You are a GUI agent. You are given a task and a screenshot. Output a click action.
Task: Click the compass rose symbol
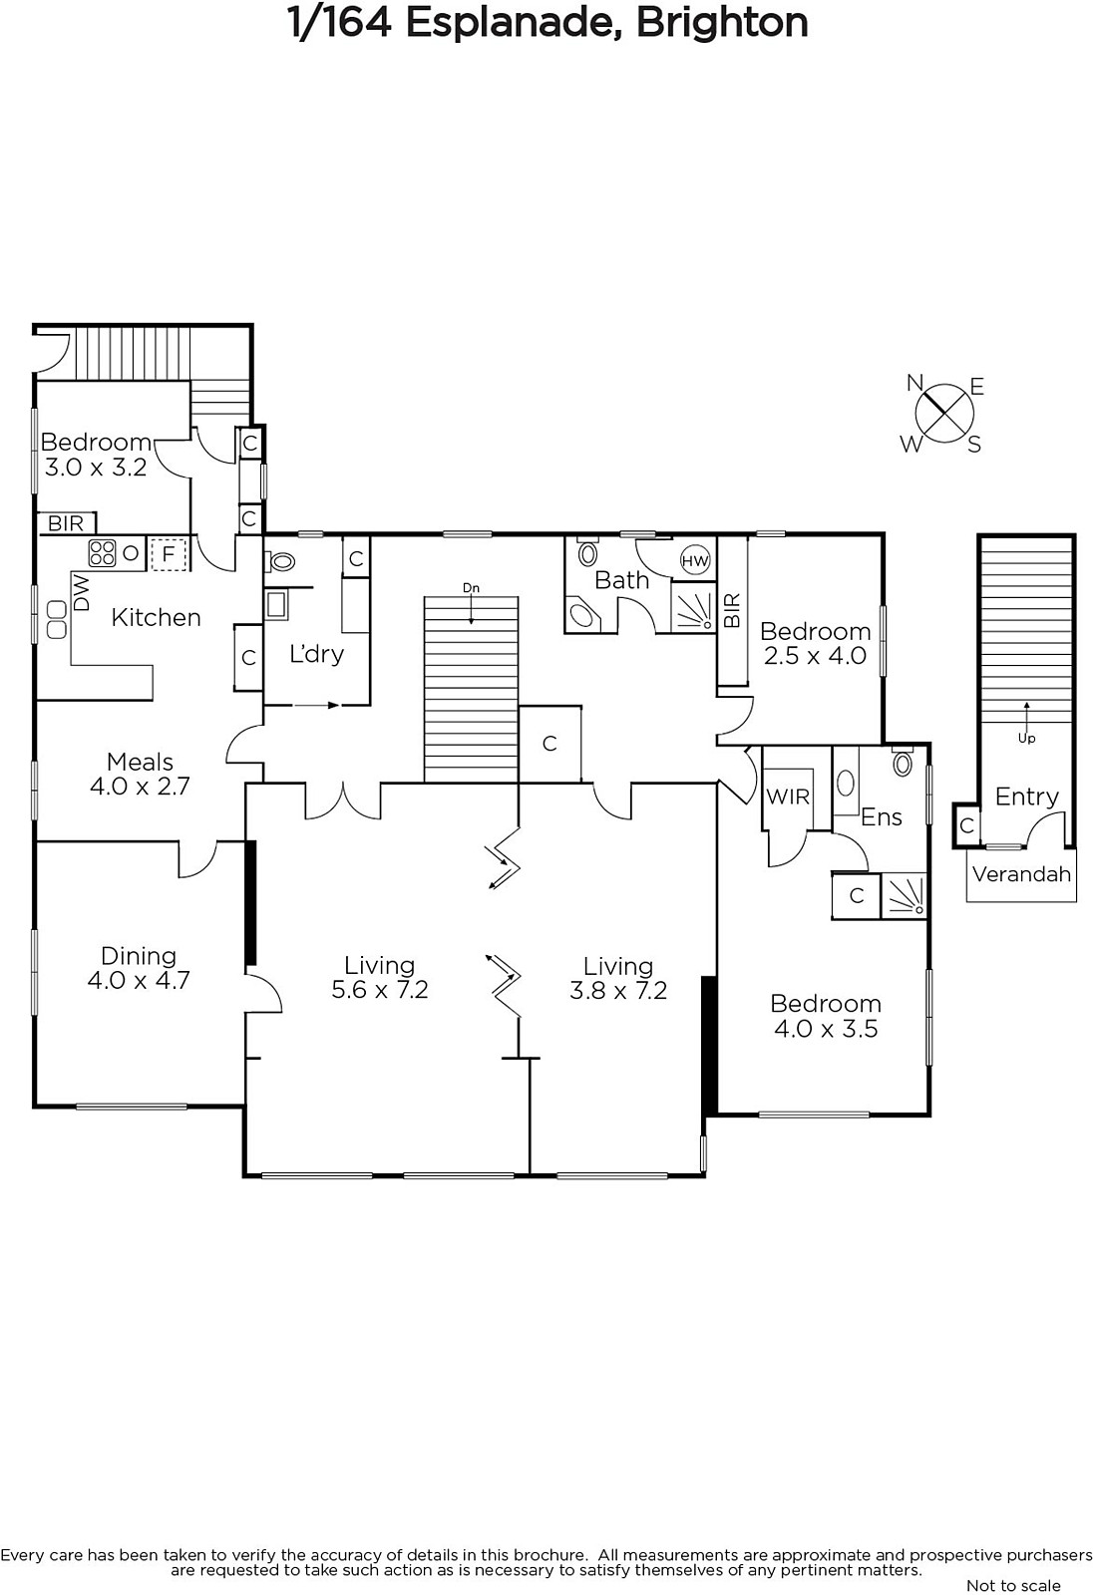944,414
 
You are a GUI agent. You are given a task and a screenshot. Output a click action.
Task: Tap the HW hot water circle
695,560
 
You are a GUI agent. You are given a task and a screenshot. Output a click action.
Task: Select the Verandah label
1021,874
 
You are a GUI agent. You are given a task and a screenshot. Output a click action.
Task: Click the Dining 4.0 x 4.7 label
139,968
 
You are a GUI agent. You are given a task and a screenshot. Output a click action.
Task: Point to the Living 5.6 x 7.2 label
380,978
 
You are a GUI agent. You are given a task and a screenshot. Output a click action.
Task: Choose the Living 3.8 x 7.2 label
618,978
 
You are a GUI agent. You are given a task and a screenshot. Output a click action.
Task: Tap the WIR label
787,797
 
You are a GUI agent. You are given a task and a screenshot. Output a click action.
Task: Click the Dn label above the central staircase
471,588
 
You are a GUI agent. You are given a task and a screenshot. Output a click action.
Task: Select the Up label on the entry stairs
1027,739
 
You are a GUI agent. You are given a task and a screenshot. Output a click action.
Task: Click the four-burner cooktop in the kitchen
103,552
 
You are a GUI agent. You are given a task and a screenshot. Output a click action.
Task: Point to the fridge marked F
169,553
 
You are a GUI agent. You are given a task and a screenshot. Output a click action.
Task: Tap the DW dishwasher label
82,592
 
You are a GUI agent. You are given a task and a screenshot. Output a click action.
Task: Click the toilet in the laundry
279,562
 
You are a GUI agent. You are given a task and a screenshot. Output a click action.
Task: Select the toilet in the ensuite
903,763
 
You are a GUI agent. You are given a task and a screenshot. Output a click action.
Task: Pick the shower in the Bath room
693,607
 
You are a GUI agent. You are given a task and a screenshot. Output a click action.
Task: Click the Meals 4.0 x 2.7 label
140,774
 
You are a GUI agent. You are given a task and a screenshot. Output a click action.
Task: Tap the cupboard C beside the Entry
967,825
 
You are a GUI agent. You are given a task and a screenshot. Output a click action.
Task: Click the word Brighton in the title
722,23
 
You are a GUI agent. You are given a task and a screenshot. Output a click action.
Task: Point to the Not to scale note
1013,1585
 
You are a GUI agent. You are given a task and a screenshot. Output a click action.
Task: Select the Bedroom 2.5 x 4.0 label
815,643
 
